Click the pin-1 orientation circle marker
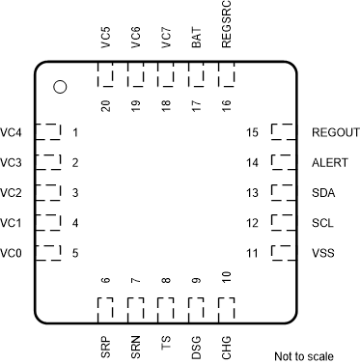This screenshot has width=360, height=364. pyautogui.click(x=60, y=87)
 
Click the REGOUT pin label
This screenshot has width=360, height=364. pyautogui.click(x=336, y=132)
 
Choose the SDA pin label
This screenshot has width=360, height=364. pyautogui.click(x=325, y=193)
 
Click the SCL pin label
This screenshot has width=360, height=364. pyautogui.click(x=324, y=223)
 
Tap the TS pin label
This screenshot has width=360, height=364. pyautogui.click(x=166, y=342)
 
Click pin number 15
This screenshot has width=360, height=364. pyautogui.click(x=253, y=132)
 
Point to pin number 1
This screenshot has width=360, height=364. pyautogui.click(x=75, y=132)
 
